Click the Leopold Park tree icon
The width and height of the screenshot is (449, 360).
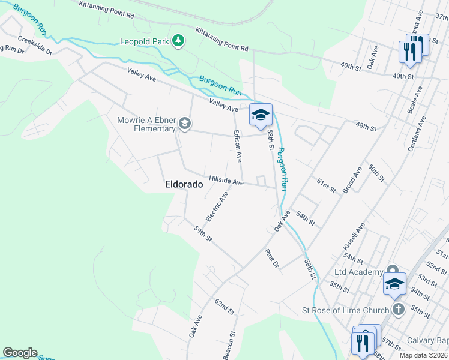[x=178, y=41]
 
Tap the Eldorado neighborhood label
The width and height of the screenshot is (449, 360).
[x=184, y=185]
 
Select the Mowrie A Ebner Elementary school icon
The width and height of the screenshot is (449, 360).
[x=185, y=124]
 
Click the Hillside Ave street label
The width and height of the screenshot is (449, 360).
[x=226, y=181]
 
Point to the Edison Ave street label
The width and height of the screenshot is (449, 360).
[x=237, y=146]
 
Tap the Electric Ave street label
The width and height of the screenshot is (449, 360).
[x=217, y=206]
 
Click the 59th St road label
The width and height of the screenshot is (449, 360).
[x=203, y=234]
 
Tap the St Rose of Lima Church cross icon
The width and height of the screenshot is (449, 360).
[x=397, y=310]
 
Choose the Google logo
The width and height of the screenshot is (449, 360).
[x=20, y=353]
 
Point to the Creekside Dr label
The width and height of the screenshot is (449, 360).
[x=35, y=46]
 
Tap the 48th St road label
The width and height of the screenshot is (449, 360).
[x=365, y=128]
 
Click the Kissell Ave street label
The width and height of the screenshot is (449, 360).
[x=354, y=236]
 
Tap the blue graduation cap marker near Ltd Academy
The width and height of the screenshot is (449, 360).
[x=394, y=284]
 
